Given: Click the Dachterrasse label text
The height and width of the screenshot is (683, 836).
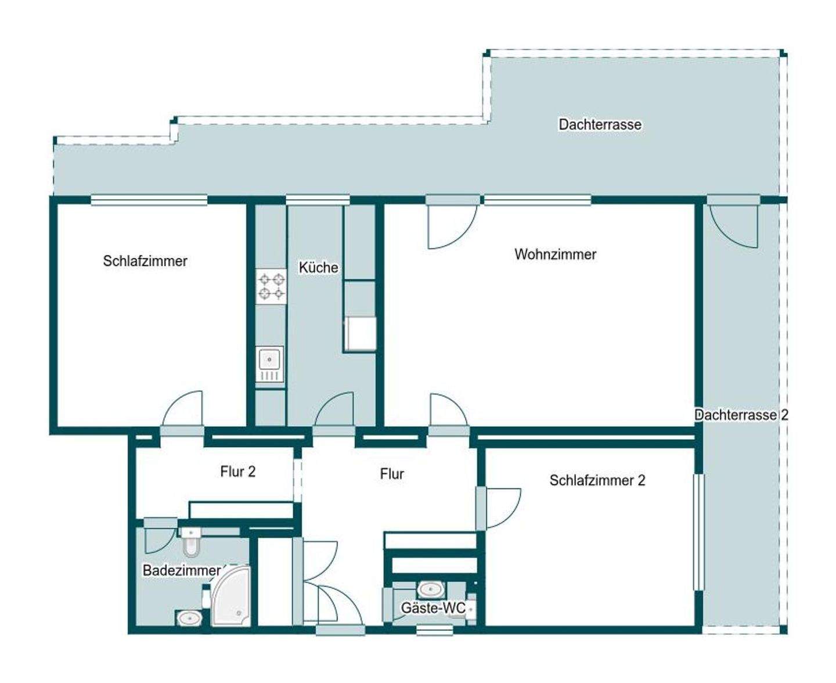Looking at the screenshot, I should tap(600, 124).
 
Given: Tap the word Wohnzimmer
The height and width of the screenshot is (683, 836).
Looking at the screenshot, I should tap(555, 254).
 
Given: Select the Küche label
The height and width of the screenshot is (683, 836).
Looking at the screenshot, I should tap(318, 268).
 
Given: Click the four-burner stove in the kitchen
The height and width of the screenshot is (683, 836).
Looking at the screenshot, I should tap(271, 286).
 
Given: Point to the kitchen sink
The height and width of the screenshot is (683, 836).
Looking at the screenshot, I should tap(270, 364).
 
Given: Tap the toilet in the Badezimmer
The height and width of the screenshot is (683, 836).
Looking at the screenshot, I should tap(190, 543).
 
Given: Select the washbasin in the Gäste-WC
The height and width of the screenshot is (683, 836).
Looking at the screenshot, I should tap(430, 589).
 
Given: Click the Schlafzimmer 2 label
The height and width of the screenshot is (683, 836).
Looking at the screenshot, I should tap(597, 480).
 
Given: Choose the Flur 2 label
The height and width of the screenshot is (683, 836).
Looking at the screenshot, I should tap(237, 472).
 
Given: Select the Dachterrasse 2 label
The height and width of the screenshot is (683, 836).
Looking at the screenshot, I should tap(741, 415).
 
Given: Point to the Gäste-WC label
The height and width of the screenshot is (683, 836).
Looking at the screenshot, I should tap(433, 608).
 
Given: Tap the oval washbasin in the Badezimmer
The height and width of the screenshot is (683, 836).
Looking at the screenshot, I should tap(189, 619).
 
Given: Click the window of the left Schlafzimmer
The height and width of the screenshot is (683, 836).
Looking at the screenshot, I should tap(149, 200).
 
